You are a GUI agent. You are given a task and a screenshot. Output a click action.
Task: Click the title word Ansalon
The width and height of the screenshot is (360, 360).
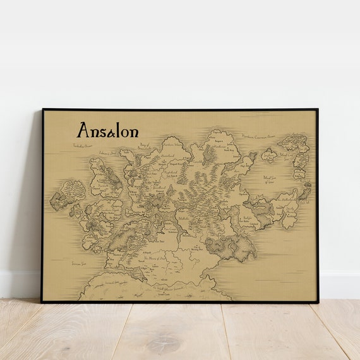click(107, 131)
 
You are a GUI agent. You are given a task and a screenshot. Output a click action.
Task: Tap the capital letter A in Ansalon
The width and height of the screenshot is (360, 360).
click(83, 130)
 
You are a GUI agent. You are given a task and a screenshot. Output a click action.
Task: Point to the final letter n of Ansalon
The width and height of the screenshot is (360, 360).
click(133, 132)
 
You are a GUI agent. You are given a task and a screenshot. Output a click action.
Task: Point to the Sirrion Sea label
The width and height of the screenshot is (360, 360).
click(78, 261)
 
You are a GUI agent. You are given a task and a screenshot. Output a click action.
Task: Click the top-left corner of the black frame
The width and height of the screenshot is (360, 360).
click(43, 110)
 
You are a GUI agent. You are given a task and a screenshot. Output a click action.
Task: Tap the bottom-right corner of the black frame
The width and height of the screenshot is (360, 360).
click(318, 301)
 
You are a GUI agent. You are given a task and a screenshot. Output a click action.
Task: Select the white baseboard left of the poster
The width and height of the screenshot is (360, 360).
click(20, 284)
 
